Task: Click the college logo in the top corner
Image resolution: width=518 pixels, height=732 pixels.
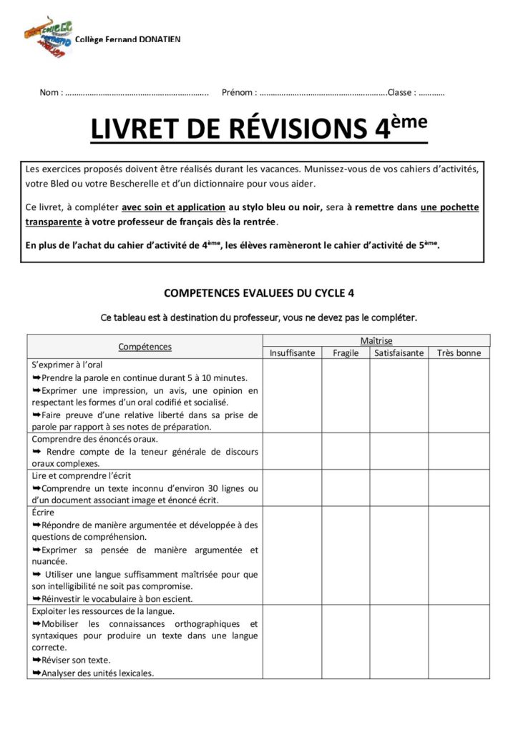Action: point(49,35)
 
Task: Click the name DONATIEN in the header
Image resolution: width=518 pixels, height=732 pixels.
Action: point(156,39)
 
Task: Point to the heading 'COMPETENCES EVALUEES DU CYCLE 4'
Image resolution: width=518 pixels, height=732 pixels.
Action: point(258,293)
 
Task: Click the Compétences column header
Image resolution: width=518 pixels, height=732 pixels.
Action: point(145,347)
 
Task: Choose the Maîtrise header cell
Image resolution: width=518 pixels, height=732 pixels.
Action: point(376,341)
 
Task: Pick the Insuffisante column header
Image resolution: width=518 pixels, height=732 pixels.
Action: point(292,353)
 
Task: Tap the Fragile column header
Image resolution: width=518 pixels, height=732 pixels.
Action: point(346,353)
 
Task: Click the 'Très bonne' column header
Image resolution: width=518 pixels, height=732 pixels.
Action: point(459,353)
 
